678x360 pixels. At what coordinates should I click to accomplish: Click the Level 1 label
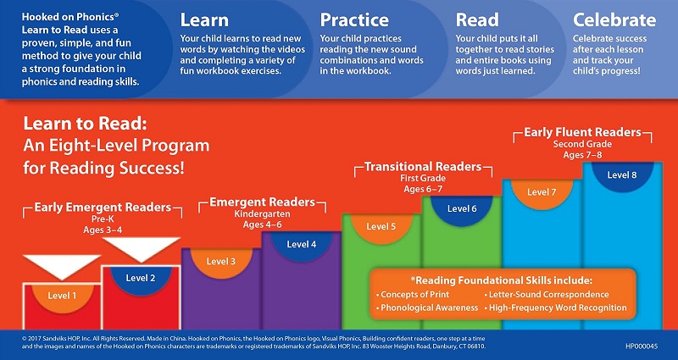click(x=62, y=296)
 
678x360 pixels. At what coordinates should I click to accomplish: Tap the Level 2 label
click(x=141, y=279)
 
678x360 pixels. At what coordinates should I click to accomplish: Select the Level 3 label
click(x=221, y=261)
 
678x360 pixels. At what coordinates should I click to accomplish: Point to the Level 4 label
click(x=302, y=244)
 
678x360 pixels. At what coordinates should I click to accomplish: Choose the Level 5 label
click(x=381, y=226)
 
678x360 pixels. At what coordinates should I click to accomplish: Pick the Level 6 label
click(x=462, y=208)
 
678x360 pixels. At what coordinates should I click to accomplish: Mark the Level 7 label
click(x=542, y=192)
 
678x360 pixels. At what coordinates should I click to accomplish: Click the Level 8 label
click(x=622, y=175)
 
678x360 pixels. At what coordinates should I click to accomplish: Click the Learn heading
click(x=204, y=20)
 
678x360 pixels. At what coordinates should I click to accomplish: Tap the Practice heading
click(x=354, y=20)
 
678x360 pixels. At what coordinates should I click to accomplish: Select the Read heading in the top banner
click(x=477, y=20)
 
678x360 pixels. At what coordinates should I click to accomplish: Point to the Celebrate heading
click(x=614, y=20)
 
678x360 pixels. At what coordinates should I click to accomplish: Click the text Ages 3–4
click(x=103, y=230)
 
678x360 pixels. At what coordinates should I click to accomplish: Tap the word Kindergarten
click(x=262, y=214)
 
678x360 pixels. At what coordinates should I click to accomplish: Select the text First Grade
click(x=423, y=178)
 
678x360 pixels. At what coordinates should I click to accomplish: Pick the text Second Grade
click(x=582, y=144)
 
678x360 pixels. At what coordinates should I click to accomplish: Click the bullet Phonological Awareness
click(x=427, y=307)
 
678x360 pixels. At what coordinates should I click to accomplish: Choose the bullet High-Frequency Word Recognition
click(x=555, y=307)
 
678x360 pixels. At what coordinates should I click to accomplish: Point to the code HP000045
click(x=642, y=346)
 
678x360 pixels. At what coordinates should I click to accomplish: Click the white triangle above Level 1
click(x=62, y=264)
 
